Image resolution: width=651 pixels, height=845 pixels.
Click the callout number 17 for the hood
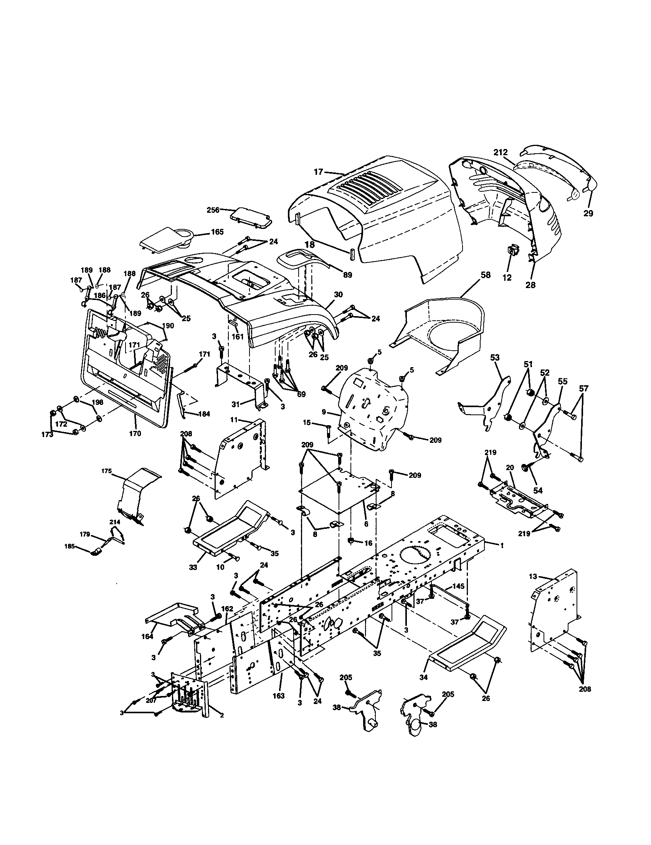tap(318, 172)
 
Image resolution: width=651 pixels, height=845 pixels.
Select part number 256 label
tap(213, 210)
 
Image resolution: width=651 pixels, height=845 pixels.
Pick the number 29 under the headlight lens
tap(588, 213)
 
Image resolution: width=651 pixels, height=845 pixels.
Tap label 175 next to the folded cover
tap(107, 471)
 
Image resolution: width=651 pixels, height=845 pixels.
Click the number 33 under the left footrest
tap(193, 567)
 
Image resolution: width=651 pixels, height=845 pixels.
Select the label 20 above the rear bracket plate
tap(510, 467)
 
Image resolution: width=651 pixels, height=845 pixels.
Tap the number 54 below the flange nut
tap(538, 490)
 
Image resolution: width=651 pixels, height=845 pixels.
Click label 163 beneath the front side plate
tap(278, 696)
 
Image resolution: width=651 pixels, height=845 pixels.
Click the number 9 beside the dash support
tap(324, 412)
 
